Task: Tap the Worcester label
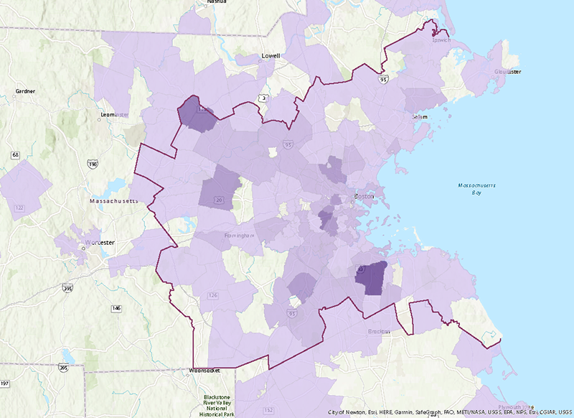[x=100, y=243]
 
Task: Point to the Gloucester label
[x=507, y=72]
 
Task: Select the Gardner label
[x=25, y=91]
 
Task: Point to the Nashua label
[x=216, y=2]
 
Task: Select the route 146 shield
[x=116, y=308]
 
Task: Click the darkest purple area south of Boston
[x=372, y=279]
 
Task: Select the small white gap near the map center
[x=272, y=152]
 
